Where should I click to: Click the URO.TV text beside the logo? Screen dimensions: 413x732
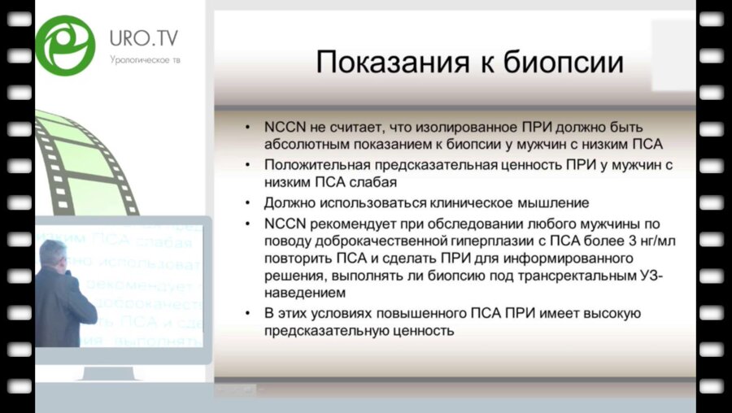(x=144, y=37)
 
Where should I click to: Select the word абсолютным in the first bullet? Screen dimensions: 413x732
(x=299, y=146)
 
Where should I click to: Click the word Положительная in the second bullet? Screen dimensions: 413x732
(x=307, y=165)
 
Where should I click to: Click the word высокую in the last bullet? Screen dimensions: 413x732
(x=610, y=314)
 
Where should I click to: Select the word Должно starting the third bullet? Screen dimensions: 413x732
(x=285, y=202)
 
